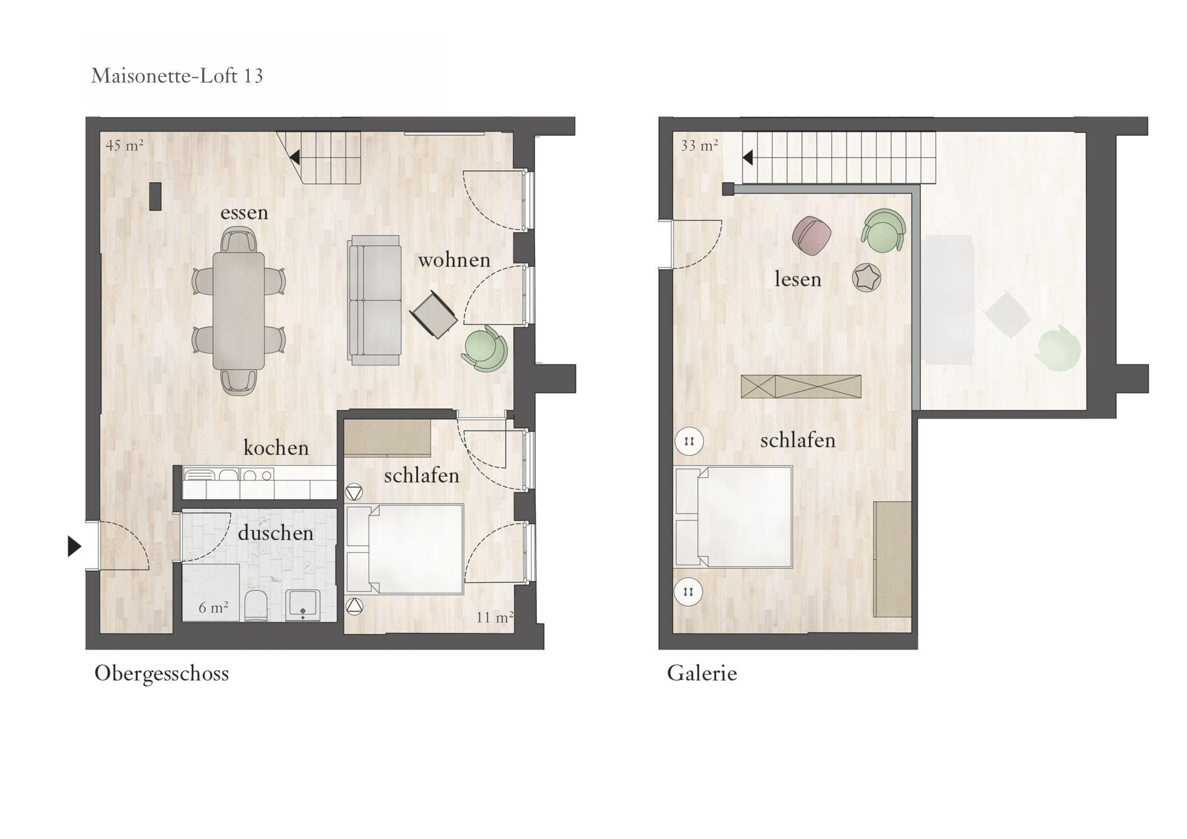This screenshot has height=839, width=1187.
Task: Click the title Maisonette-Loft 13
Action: coord(177,76)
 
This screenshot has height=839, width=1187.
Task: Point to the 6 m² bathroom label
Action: coord(214,608)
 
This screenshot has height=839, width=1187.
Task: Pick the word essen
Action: coord(244,212)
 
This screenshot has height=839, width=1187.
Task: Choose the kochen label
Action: coord(276,448)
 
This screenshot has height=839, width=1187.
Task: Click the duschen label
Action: coord(275,533)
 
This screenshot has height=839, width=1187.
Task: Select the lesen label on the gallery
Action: coord(798,279)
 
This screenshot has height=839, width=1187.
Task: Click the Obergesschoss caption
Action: coord(161,674)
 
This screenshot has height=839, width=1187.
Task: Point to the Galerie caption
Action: coord(702,673)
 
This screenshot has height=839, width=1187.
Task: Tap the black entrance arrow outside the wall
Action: coord(74,546)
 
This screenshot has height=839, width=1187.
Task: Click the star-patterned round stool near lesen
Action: coord(867,278)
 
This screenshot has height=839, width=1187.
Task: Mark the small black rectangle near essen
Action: coord(155,197)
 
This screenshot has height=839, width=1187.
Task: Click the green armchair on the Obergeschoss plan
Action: coord(484,349)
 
